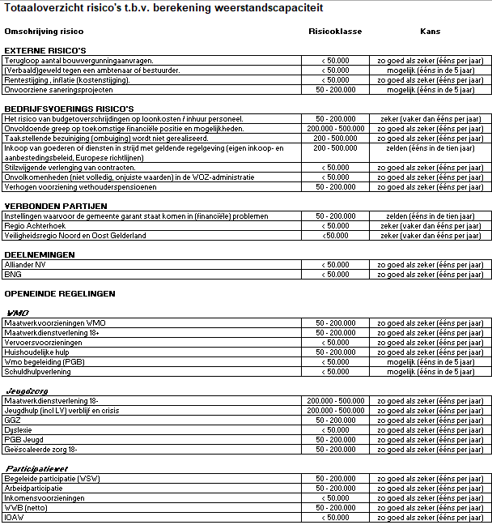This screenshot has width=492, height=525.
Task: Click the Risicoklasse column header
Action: tap(335, 32)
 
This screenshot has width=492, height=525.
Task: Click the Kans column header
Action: tap(430, 32)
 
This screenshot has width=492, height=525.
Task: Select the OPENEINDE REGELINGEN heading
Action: tap(60, 293)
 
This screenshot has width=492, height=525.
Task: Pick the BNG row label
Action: tap(14, 274)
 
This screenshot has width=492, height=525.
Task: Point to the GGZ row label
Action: tap(13, 420)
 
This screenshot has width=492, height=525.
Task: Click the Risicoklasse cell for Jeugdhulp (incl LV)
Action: tap(335, 410)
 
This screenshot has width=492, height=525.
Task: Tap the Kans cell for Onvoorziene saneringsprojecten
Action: tap(430, 90)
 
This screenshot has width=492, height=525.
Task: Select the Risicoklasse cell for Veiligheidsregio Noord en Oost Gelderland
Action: tap(335, 236)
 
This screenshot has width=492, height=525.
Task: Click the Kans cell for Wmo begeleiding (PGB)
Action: tap(430, 361)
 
